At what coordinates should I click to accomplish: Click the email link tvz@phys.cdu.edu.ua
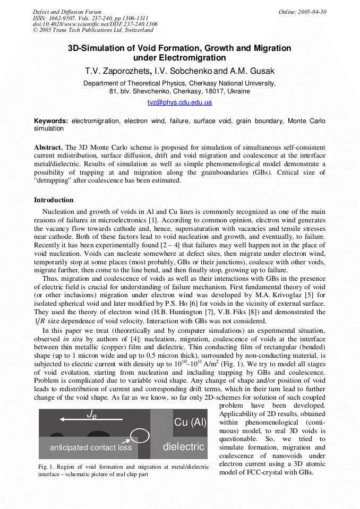pos(179,102)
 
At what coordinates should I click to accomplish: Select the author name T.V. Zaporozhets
pos(117,71)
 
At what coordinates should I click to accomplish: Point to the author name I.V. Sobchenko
pos(183,71)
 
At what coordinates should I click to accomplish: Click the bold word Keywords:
pos(51,121)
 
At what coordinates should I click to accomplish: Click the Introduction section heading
pos(54,200)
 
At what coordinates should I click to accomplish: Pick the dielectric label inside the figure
pos(184,446)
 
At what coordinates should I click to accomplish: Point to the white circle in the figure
pos(140,436)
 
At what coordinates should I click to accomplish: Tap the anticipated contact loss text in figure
pos(85,447)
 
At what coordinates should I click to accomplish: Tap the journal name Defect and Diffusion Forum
pos(67,12)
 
